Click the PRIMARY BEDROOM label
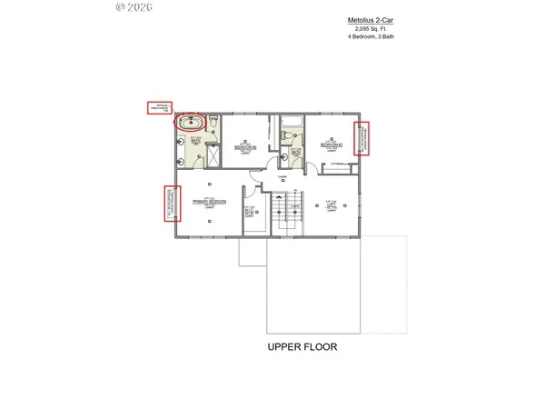click(x=208, y=203)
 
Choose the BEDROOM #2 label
click(x=246, y=145)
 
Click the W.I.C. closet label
click(x=251, y=212)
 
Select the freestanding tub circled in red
click(x=192, y=123)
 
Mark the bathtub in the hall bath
click(x=292, y=122)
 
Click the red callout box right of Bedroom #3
click(x=362, y=138)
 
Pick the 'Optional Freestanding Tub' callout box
click(x=160, y=108)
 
